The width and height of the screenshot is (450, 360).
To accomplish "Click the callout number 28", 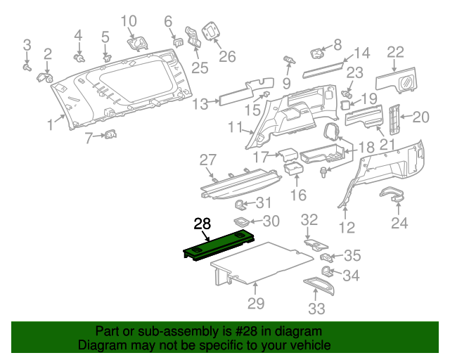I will coord(202,224).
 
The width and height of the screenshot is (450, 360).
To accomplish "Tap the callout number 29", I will coord(256,304).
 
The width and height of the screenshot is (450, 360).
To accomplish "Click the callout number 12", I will coord(347,227).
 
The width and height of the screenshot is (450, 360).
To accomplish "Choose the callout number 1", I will coord(50,125).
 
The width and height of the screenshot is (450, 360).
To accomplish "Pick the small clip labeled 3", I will coord(27,68).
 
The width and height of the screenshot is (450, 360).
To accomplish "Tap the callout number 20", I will coord(420,117).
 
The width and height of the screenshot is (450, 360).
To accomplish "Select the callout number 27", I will coord(208,160).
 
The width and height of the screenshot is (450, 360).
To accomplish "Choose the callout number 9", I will coord(287,83).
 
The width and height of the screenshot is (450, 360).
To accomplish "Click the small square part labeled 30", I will coord(240,222).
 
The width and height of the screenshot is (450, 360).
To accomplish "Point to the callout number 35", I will coord(352,256).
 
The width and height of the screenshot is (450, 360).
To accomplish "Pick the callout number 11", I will coord(235,127).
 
